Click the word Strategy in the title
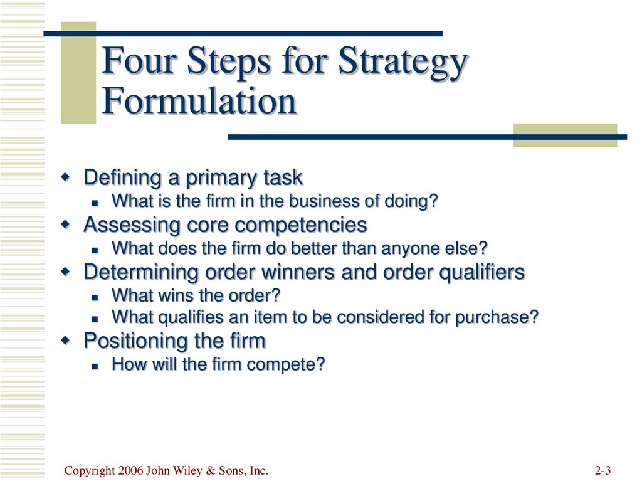coord(403,62)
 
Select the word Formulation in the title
coord(199,102)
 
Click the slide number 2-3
coord(603,471)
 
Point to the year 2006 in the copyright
coord(130,471)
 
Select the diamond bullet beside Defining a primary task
coord(65,178)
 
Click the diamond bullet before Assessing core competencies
coord(65,225)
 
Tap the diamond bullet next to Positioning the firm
coord(65,341)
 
